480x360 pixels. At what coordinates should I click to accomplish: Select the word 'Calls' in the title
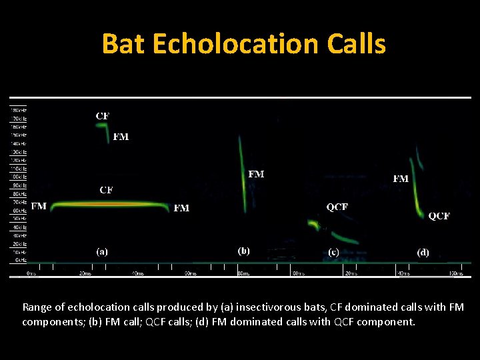pos(357,44)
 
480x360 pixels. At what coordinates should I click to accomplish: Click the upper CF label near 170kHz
pos(103,116)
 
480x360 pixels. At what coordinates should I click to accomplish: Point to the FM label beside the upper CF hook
pos(121,137)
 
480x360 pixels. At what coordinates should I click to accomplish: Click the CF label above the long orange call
pos(106,190)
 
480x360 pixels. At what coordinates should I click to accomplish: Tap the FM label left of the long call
pos(39,206)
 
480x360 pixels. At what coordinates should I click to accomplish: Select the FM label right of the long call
pos(181,208)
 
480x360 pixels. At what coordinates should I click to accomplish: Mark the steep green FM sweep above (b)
pos(243,173)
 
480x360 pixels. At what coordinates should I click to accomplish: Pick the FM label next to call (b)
pos(256,174)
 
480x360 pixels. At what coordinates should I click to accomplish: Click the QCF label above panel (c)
pos(337,207)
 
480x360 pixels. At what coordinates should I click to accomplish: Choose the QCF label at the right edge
pos(439,216)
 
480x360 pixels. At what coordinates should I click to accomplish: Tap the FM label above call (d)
pos(401,179)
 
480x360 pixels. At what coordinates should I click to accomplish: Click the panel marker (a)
pos(102,252)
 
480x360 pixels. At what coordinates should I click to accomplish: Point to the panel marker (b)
pos(244,251)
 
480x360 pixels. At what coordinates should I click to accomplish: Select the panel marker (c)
pos(334,252)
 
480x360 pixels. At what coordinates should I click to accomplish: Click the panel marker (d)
pos(423,252)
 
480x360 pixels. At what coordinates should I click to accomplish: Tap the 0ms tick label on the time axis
pos(31,273)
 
